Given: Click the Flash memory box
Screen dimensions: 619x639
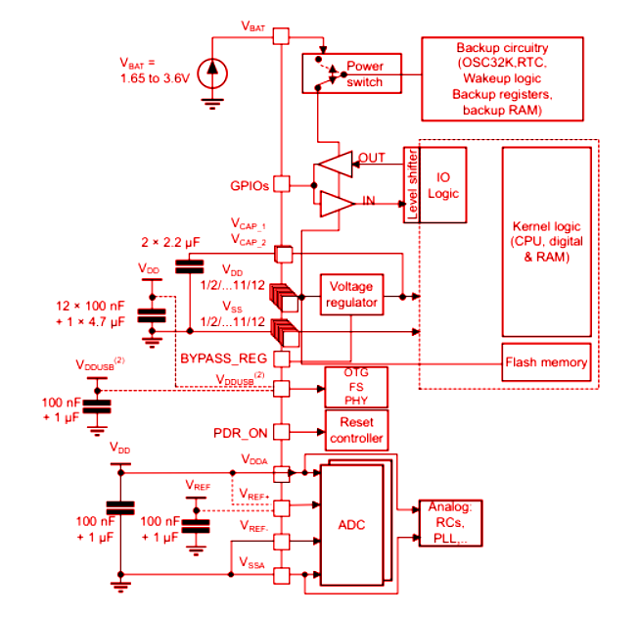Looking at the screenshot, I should coord(546,362).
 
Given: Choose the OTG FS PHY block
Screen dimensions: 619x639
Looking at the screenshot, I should coord(356,386).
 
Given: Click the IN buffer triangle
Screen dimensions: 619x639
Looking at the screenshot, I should coord(333,204).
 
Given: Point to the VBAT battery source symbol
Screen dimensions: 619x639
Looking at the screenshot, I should coord(211,71).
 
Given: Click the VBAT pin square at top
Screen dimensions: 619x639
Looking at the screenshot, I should coord(281,36).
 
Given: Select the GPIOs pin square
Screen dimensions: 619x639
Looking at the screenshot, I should coord(281,183).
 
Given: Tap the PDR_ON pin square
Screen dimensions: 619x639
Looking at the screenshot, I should coord(281,431).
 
